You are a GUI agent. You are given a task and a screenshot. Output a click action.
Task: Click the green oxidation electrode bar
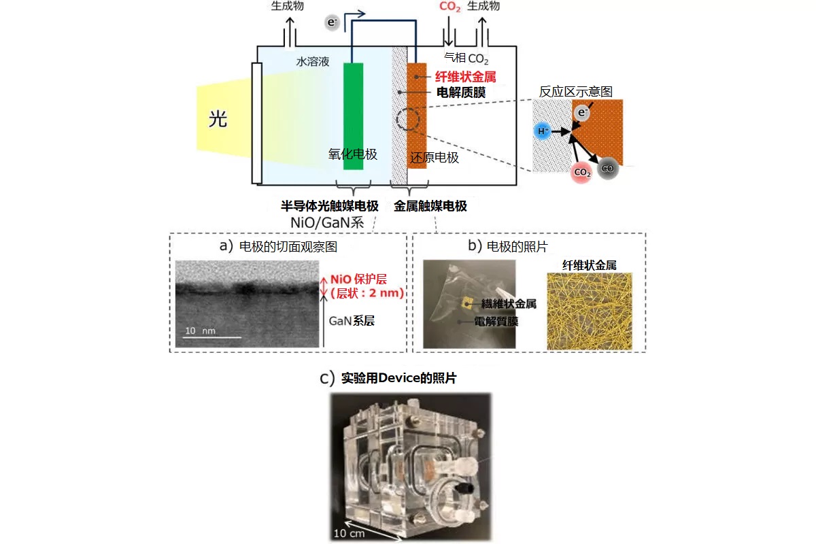[x=353, y=116]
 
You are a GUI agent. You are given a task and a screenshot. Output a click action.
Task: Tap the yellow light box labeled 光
[x=218, y=120]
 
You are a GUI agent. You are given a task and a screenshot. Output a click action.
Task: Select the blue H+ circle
[x=543, y=131]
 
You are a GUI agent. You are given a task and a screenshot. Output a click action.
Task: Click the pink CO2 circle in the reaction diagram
[x=582, y=173]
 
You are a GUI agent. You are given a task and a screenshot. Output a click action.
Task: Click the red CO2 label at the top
[x=449, y=6]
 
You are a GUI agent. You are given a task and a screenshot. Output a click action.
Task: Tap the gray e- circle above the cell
[x=332, y=23]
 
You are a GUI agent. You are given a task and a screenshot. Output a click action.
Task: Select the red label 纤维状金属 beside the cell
[x=460, y=77]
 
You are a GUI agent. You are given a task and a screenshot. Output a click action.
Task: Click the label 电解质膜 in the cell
[x=460, y=92]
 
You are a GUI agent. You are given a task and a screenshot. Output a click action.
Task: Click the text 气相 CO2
[x=466, y=59]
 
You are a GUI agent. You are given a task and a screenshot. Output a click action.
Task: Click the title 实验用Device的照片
[x=398, y=379]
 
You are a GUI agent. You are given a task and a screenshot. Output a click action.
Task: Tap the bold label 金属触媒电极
[x=430, y=206]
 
